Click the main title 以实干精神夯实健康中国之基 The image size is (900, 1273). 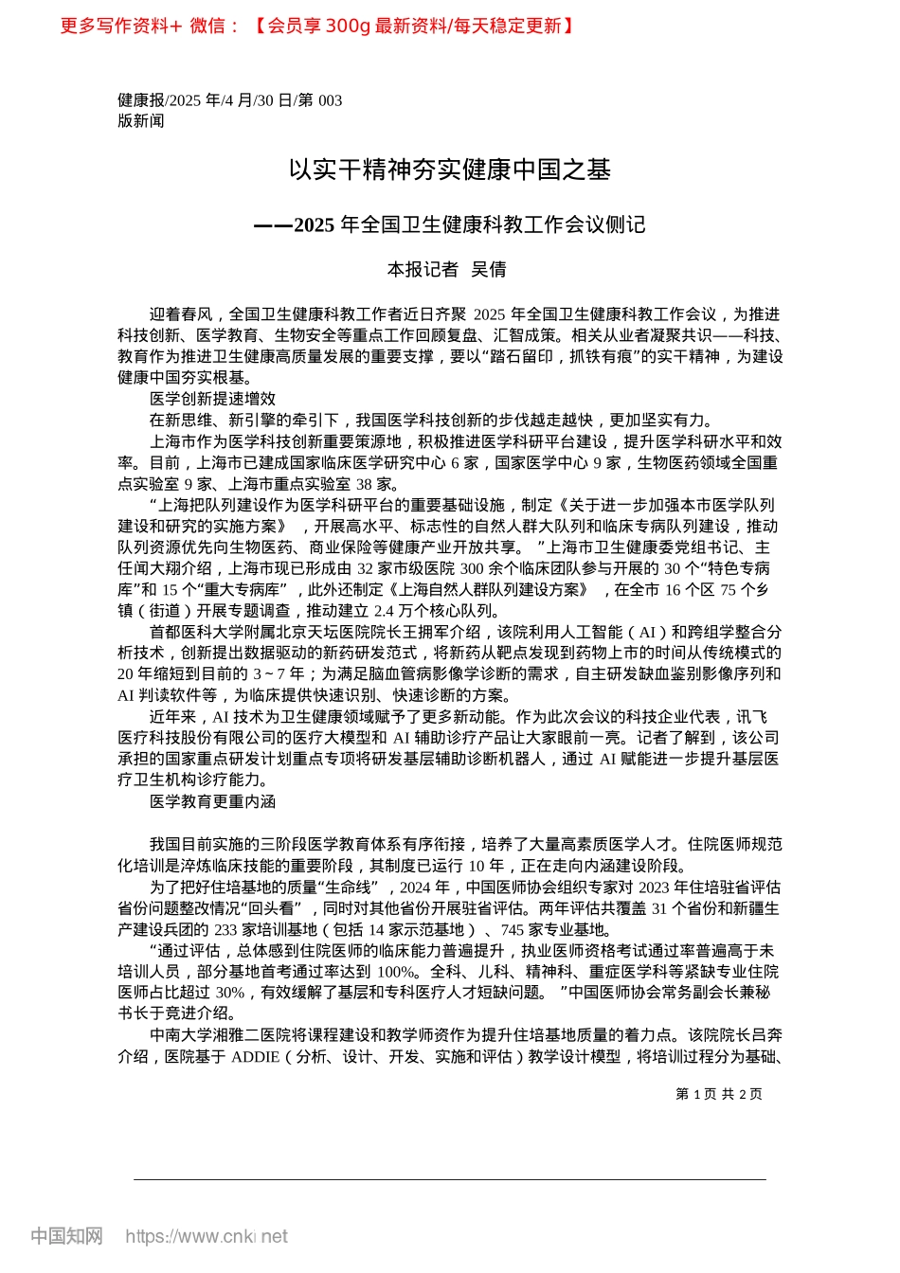pos(450,170)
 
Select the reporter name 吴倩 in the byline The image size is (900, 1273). pos(489,270)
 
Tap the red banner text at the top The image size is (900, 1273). pos(316,26)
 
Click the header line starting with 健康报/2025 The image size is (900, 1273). pos(230,100)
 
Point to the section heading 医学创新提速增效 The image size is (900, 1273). pos(212,399)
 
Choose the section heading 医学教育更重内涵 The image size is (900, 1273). pos(212,801)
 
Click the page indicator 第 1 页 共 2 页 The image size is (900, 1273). pos(718,1094)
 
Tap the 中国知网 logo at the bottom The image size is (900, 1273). pos(66,1236)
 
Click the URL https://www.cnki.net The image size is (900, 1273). pos(207,1236)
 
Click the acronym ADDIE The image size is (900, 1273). pos(255,1056)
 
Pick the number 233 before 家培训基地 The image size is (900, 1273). pos(227,929)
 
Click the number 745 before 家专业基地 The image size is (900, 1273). pos(513,929)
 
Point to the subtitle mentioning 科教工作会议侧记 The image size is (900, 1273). pos(450,224)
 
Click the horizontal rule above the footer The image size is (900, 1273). pos(450,1179)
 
